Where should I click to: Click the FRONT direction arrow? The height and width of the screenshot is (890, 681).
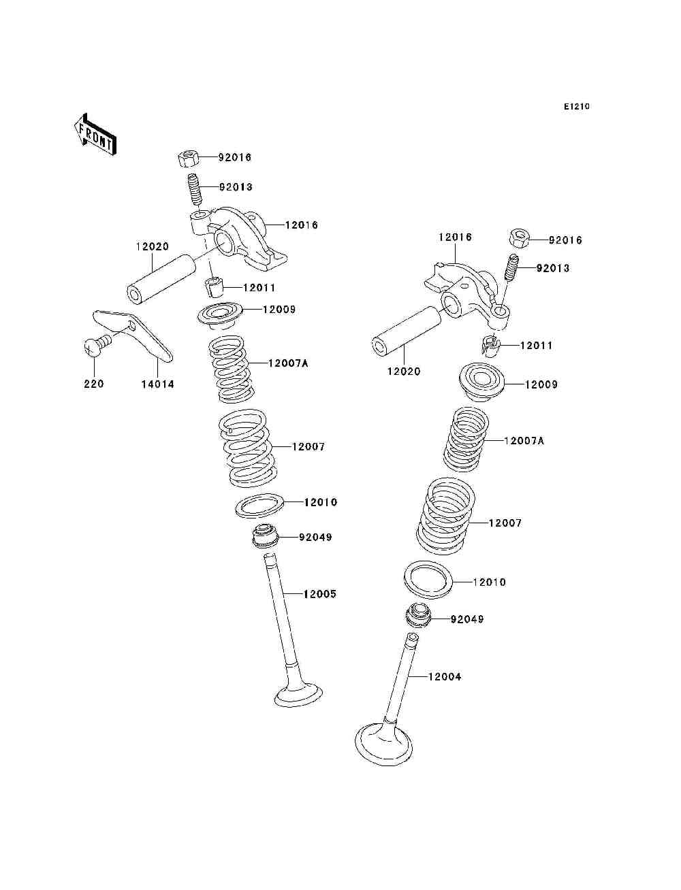click(x=95, y=134)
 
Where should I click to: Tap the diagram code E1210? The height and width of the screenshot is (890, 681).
click(x=576, y=107)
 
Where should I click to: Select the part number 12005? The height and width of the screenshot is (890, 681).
click(x=319, y=594)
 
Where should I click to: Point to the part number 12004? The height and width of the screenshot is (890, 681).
click(x=444, y=677)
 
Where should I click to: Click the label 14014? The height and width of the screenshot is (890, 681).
click(x=157, y=384)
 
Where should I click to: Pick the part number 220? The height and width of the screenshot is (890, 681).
click(x=94, y=384)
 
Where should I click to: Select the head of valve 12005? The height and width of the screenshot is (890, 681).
click(x=298, y=696)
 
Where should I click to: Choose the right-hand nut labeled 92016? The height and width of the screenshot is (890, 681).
click(x=519, y=240)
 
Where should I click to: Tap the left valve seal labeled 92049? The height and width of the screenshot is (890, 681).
click(x=264, y=538)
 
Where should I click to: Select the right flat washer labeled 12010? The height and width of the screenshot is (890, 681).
click(x=428, y=579)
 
